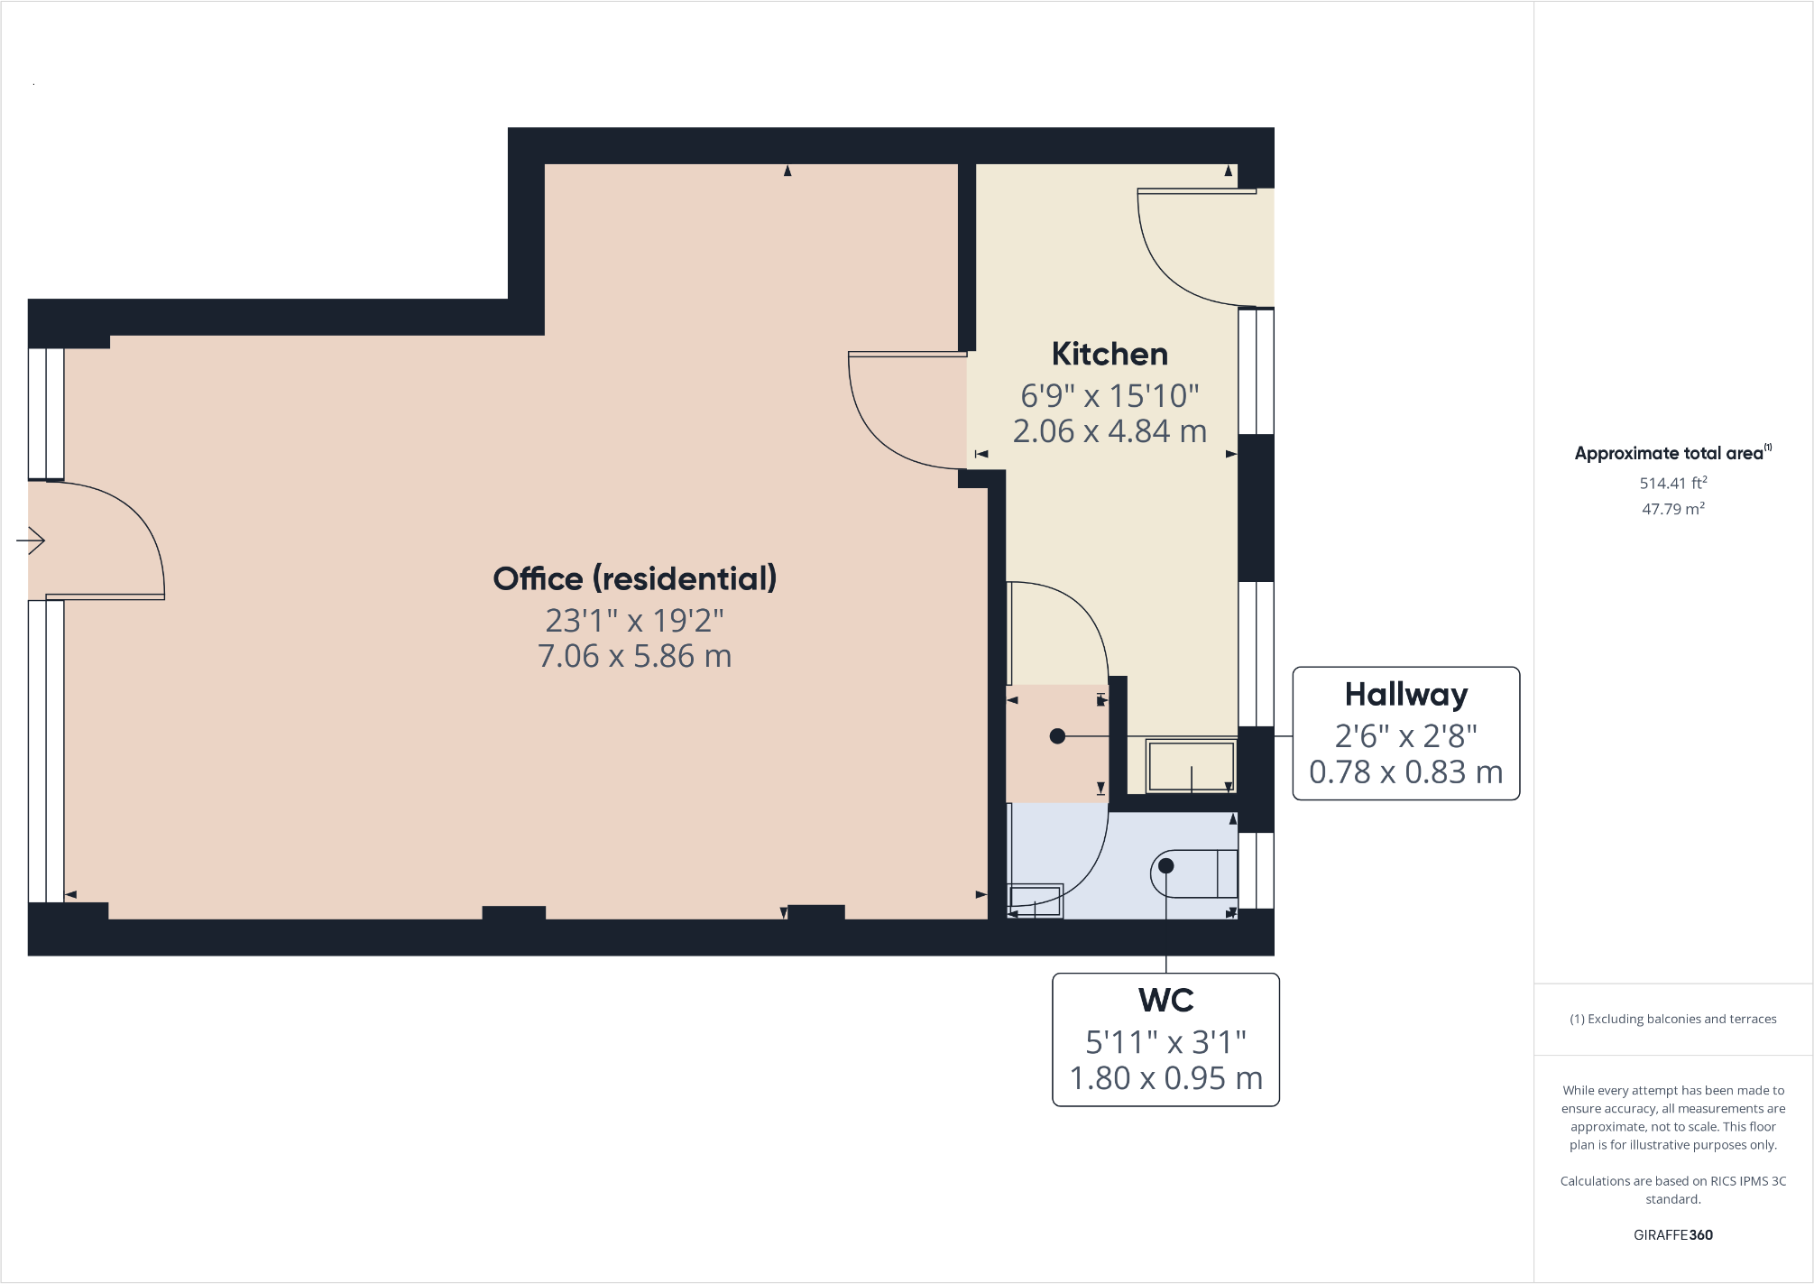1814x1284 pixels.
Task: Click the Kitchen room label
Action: (1110, 355)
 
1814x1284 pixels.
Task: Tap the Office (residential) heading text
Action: (634, 578)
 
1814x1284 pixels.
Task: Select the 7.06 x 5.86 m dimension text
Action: (634, 656)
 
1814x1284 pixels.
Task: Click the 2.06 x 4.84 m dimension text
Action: (1110, 431)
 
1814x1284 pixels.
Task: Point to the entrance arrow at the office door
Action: (31, 540)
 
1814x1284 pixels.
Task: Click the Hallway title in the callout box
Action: (1405, 695)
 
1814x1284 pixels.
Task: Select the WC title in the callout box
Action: (1165, 1001)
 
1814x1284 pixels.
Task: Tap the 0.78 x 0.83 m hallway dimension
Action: (1405, 772)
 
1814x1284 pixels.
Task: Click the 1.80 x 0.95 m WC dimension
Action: (1165, 1078)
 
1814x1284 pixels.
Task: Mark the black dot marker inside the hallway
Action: (1057, 736)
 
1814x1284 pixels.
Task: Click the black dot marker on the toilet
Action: (1165, 865)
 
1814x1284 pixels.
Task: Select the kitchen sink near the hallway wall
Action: (1190, 766)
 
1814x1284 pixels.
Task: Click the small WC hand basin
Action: (1035, 900)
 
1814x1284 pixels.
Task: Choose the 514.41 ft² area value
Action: (1672, 483)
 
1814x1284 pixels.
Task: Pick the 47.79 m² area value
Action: (1672, 509)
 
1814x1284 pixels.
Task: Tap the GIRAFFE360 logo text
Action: (1672, 1234)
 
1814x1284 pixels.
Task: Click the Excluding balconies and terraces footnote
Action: (1672, 1019)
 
